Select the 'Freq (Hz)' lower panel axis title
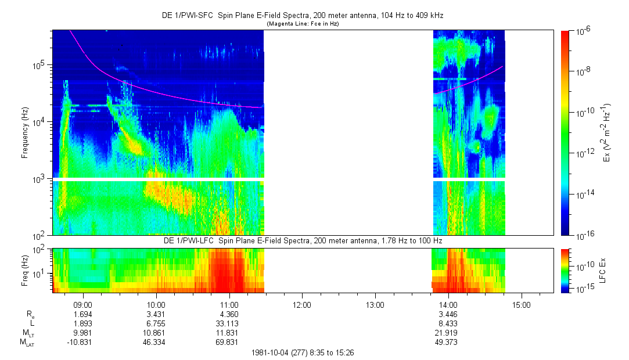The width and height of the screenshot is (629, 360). (x=25, y=270)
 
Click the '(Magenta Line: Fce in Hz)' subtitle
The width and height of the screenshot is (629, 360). (x=303, y=24)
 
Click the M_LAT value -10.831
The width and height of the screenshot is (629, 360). (x=81, y=342)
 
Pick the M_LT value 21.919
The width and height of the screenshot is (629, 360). (x=448, y=333)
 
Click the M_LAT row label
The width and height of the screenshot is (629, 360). (x=26, y=343)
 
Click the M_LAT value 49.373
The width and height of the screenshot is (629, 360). (x=448, y=342)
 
